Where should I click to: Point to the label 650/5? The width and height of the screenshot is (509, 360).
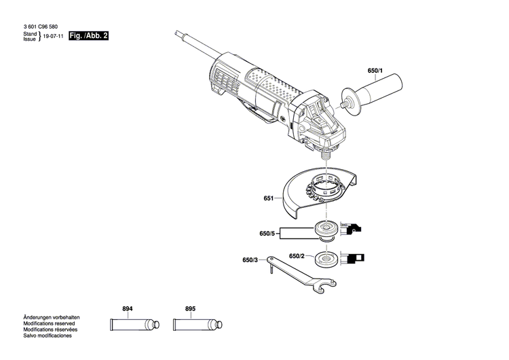268,234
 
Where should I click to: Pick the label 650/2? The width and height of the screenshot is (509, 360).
297,256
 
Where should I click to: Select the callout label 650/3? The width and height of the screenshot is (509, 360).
250,260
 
